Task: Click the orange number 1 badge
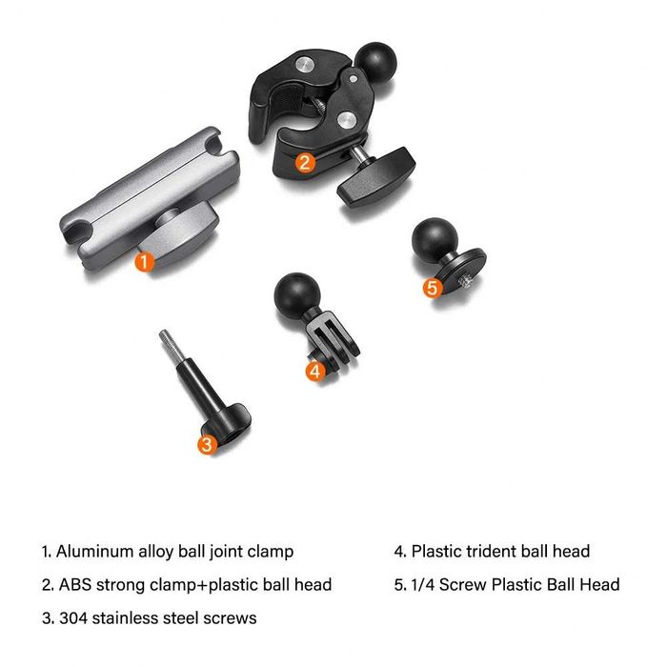(x=143, y=260)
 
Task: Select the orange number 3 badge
(x=209, y=442)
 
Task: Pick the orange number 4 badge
(x=315, y=371)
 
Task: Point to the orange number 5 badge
(x=433, y=286)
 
